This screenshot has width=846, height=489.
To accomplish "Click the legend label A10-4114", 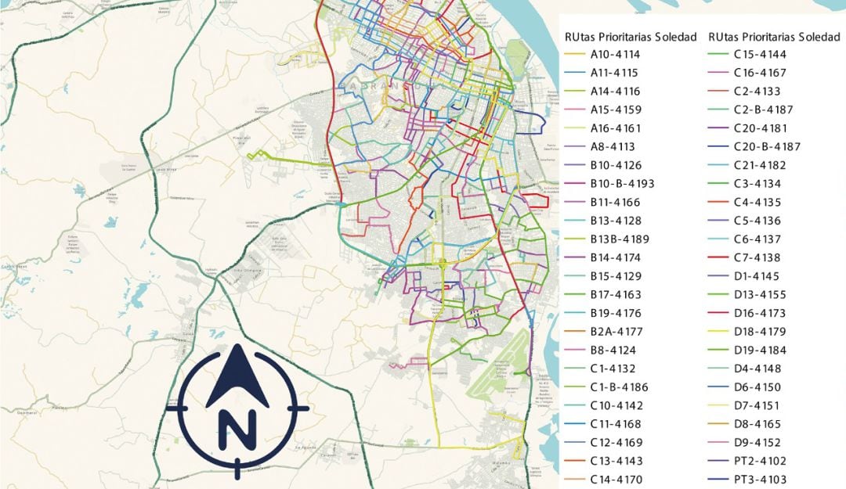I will pyautogui.click(x=615, y=55).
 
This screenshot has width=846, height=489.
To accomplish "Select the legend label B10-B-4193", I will pyautogui.click(x=622, y=184).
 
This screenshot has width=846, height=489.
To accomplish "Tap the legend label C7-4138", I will pyautogui.click(x=757, y=258).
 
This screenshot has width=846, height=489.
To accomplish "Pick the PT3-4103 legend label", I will pyautogui.click(x=760, y=480).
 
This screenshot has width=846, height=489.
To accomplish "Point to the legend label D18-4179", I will pyautogui.click(x=760, y=332).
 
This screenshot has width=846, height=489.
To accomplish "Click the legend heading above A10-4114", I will pyautogui.click(x=631, y=37).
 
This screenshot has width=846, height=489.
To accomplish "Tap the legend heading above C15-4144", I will pyautogui.click(x=774, y=37).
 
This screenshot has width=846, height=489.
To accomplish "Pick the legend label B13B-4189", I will pyautogui.click(x=620, y=239).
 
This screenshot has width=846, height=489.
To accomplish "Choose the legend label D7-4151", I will pyautogui.click(x=757, y=406).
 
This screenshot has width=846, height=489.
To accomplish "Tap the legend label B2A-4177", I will pyautogui.click(x=616, y=332).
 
